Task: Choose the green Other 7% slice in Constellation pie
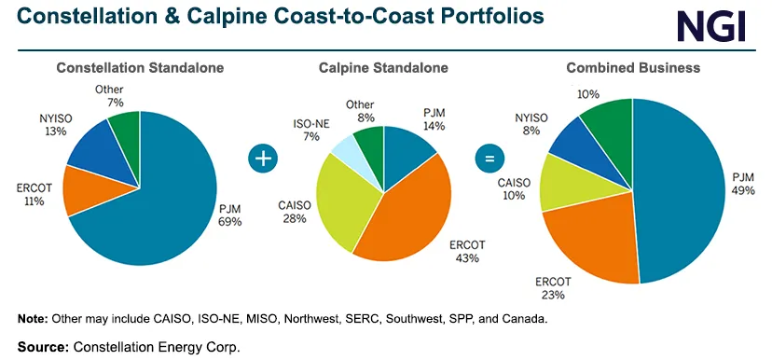pos(125,127)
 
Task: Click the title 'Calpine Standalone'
pos(383,68)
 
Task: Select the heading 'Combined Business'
pos(632,68)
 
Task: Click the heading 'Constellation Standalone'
pos(140,68)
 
